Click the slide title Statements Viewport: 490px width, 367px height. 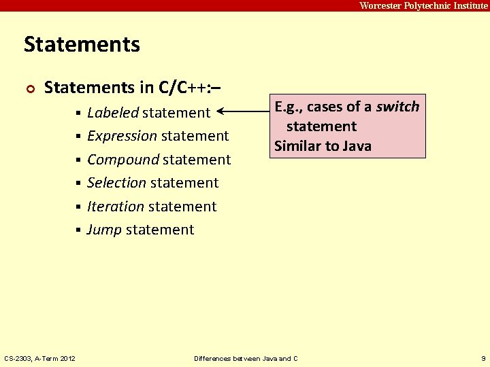[82, 45]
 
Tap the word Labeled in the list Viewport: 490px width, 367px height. [113, 113]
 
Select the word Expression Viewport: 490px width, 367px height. [122, 136]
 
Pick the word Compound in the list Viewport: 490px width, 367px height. [122, 160]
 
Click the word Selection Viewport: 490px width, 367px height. [116, 183]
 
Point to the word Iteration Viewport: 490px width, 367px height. [115, 207]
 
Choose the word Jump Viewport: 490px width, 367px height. [104, 230]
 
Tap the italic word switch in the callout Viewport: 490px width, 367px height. [398, 107]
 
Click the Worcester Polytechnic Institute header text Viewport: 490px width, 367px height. [423, 5]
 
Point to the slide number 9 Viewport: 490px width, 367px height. [483, 358]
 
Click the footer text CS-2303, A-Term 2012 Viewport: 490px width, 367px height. [39, 358]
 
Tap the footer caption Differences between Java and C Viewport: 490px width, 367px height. [246, 358]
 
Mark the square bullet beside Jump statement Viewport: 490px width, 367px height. [80, 230]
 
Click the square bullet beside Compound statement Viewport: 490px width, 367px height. [80, 160]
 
